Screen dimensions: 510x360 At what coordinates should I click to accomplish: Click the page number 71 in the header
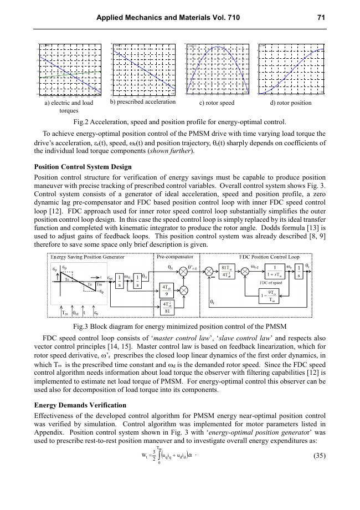[321, 18]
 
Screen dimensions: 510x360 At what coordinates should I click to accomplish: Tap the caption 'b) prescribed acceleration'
[143, 102]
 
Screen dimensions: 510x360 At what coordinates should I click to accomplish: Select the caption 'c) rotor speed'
[217, 103]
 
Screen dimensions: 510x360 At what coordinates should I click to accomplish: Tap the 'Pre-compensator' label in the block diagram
[175, 257]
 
